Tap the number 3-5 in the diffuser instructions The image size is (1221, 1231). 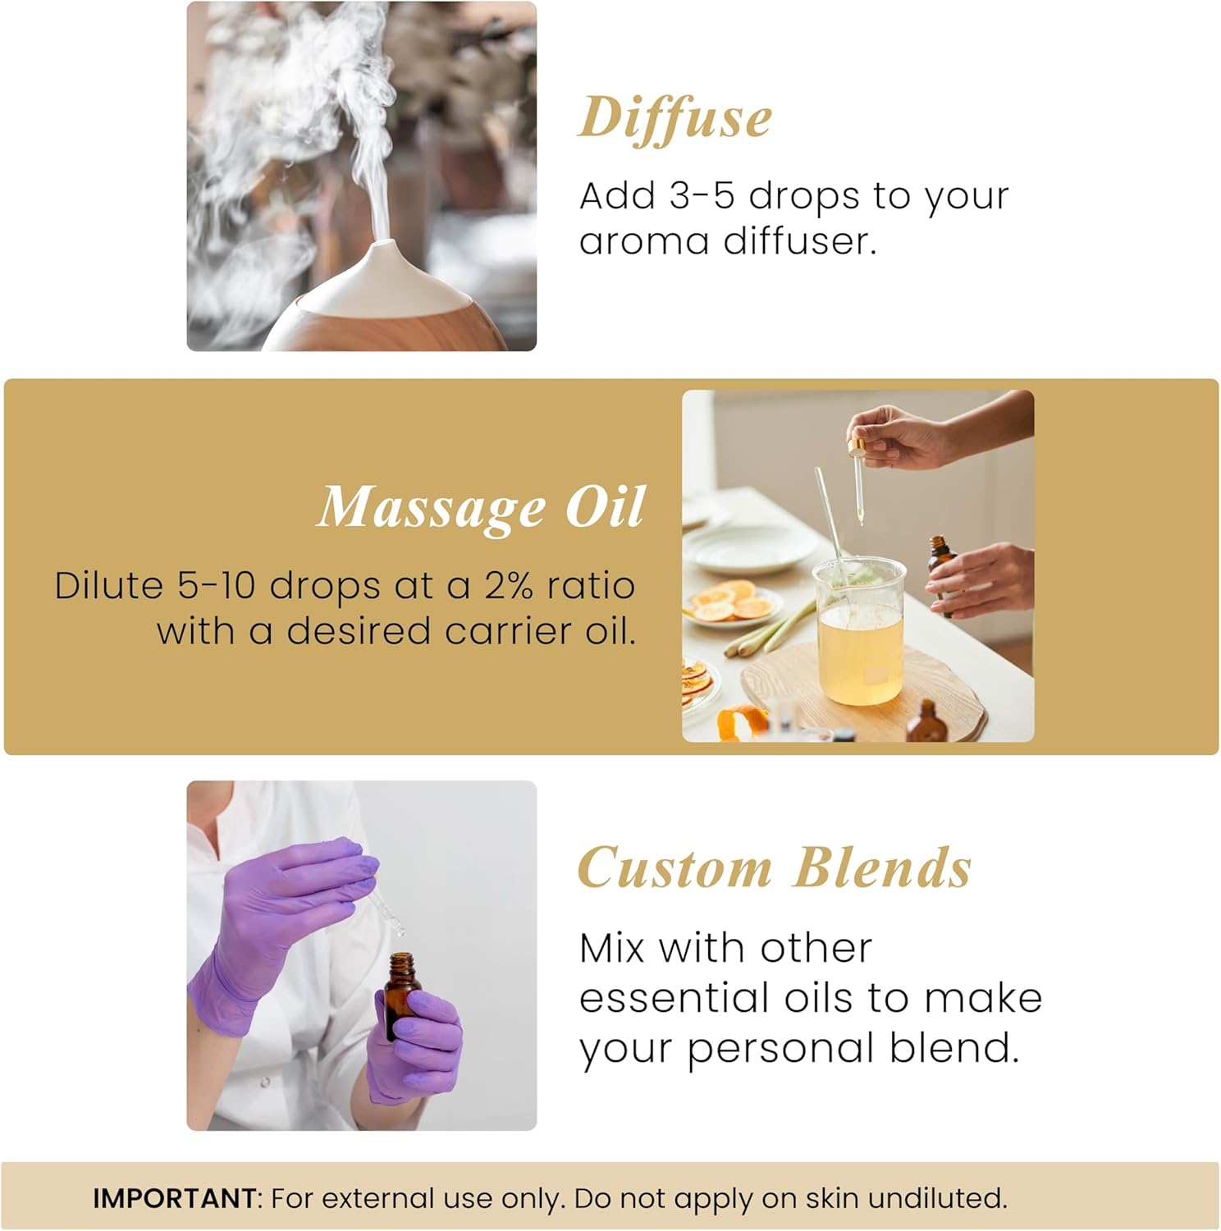point(702,196)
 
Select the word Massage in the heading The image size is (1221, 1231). point(431,508)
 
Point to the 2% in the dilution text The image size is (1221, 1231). point(509,586)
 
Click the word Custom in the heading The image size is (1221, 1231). point(675,868)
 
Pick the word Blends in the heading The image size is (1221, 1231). point(882,868)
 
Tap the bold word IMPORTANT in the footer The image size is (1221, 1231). point(174,1198)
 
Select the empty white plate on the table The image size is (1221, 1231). point(739,548)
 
